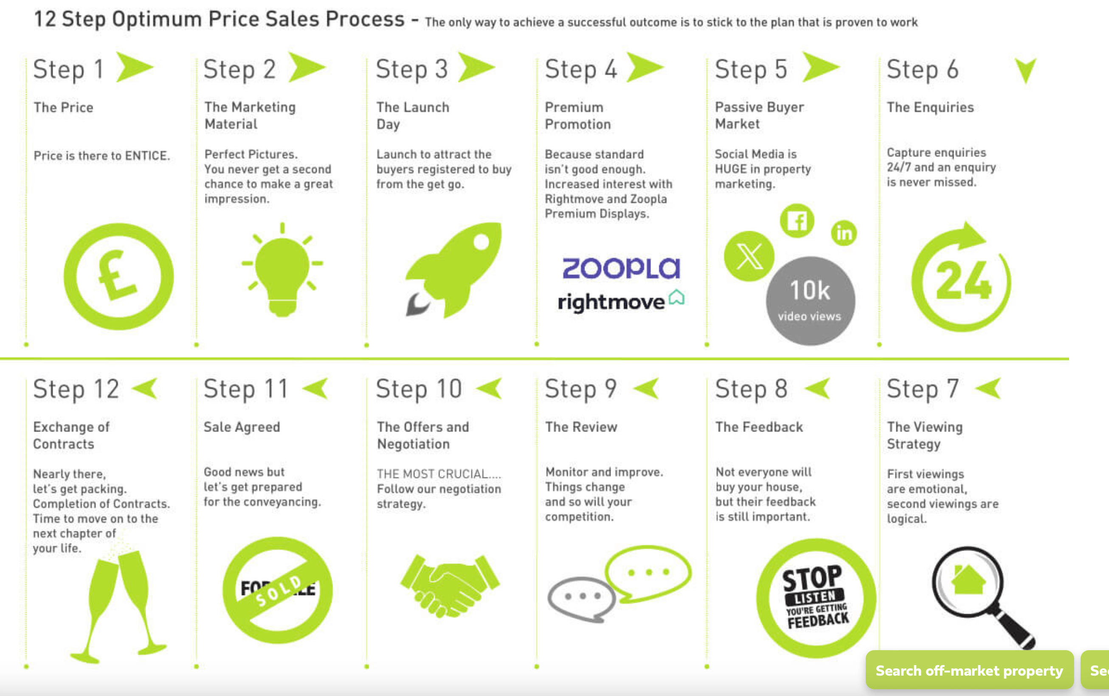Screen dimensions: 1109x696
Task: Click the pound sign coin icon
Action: (x=118, y=276)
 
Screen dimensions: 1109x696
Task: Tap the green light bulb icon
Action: (x=282, y=270)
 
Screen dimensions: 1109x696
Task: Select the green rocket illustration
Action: (x=453, y=271)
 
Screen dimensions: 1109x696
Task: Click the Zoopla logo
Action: (x=621, y=268)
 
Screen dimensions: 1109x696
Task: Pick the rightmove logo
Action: (x=621, y=301)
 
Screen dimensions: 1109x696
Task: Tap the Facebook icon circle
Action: (x=797, y=221)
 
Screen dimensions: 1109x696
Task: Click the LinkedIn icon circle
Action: (x=844, y=233)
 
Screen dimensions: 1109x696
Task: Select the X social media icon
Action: (x=749, y=256)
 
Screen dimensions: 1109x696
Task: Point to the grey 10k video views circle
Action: (x=810, y=301)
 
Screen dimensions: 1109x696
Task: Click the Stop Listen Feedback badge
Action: (x=816, y=598)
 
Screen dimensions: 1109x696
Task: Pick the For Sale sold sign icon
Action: (x=278, y=590)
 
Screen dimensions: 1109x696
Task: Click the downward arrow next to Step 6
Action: (x=1026, y=70)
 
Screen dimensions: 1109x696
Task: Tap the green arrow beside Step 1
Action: (x=134, y=67)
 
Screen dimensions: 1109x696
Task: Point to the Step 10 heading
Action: (x=419, y=389)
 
